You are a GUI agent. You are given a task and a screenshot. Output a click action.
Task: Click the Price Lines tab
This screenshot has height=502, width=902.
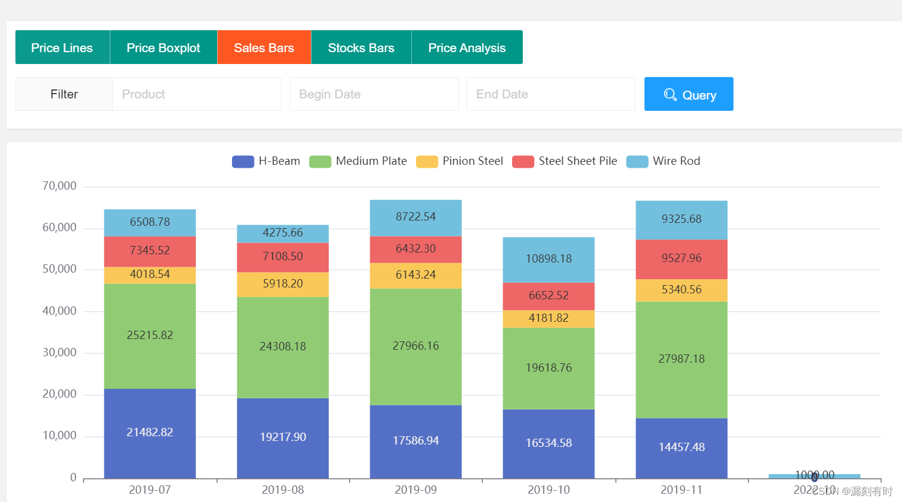pos(62,47)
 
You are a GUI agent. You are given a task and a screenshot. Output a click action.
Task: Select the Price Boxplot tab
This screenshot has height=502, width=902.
pos(163,47)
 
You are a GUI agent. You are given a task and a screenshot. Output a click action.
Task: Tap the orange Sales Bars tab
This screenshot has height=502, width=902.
pos(264,47)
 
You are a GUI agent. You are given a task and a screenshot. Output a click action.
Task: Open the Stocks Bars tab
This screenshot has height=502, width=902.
pos(361,47)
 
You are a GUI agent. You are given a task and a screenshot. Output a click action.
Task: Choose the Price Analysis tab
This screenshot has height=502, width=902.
pos(466,47)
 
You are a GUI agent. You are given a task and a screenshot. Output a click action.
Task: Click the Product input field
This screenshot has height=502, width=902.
pos(196,94)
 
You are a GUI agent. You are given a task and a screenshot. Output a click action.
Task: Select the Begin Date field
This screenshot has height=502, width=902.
pos(373,94)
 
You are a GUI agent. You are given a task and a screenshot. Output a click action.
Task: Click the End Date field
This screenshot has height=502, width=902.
pos(550,94)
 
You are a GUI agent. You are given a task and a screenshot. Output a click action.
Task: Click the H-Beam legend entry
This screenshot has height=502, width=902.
pos(266,161)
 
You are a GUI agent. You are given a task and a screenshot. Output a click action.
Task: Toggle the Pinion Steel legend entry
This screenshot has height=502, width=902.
pos(460,161)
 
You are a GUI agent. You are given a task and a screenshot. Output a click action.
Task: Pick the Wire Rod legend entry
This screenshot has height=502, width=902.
pos(663,161)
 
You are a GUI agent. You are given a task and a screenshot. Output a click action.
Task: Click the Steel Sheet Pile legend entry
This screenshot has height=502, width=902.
pos(565,161)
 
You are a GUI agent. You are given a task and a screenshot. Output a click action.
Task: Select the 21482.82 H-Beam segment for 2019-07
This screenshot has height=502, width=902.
pos(150,433)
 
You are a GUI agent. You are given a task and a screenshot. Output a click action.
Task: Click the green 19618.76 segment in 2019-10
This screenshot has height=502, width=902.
pos(548,368)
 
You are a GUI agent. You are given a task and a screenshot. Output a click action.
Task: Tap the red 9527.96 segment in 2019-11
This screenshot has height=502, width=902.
pos(681,258)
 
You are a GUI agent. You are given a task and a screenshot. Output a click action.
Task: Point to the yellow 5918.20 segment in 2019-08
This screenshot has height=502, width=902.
pos(282,284)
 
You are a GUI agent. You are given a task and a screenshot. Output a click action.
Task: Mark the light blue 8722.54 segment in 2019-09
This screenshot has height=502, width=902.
pos(415,217)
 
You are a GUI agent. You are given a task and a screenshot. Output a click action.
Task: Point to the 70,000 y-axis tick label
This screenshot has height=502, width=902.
pos(59,186)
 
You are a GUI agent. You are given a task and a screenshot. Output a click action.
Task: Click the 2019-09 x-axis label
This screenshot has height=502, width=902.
pos(415,490)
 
